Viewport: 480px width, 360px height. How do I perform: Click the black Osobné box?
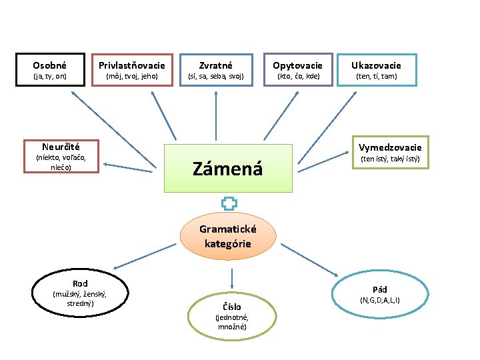[x=50, y=70]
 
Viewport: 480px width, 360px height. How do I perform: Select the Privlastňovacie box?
[x=132, y=70]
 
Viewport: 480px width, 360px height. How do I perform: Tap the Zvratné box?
[x=216, y=70]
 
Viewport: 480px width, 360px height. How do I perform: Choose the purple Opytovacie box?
[x=298, y=70]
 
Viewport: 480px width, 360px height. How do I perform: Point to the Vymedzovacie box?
[x=390, y=153]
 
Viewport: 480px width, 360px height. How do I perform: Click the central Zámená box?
[x=228, y=169]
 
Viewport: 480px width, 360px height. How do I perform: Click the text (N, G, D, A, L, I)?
[x=380, y=301]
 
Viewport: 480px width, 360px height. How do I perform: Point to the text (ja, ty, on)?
[x=50, y=76]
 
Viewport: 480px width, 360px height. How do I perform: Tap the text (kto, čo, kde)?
[x=298, y=76]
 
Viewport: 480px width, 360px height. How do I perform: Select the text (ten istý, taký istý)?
[x=390, y=159]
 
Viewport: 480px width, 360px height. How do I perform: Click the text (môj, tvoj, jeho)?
[x=132, y=76]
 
